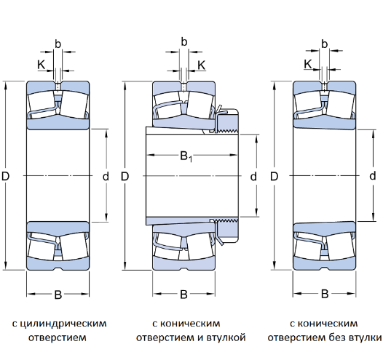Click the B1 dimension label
tap(186, 156)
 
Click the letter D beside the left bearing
tap(5, 176)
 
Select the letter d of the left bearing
tap(106, 176)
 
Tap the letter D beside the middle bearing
tap(125, 176)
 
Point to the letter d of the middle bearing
tap(253, 176)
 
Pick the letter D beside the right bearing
tap(275, 176)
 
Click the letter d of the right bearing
tap(373, 175)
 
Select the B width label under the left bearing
tap(58, 295)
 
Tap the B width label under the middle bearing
tap(183, 295)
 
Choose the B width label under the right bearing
tap(325, 294)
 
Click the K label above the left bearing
tap(41, 65)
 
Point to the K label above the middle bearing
tap(201, 65)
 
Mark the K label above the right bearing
tap(308, 64)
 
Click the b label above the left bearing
tap(58, 44)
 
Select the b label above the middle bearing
tap(184, 42)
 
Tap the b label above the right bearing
tap(324, 44)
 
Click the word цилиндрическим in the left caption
tap(63, 324)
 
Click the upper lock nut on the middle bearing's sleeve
tap(228, 121)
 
